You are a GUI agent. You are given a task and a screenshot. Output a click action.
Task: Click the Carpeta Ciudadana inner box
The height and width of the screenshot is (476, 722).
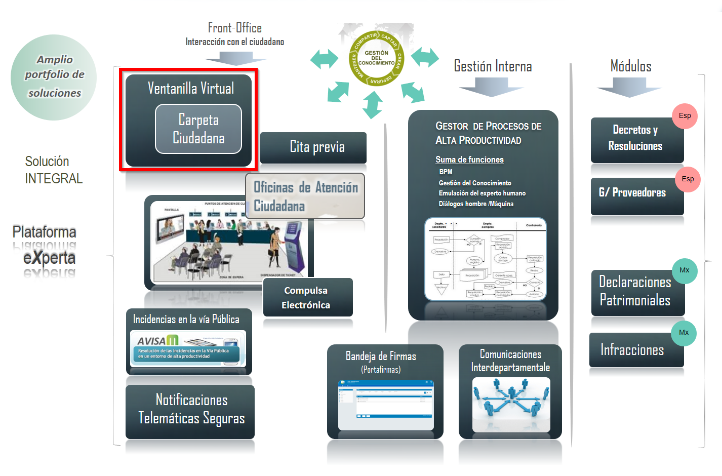[x=198, y=129]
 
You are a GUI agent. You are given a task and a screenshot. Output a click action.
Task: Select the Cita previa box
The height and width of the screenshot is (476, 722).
[x=313, y=147]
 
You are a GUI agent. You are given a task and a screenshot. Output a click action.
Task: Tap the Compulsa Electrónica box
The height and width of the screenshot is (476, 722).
[x=307, y=297]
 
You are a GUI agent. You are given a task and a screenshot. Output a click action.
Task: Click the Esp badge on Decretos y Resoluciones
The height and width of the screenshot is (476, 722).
[x=685, y=116]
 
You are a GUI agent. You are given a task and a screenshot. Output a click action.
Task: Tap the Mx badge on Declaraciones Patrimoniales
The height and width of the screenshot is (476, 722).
[x=685, y=270]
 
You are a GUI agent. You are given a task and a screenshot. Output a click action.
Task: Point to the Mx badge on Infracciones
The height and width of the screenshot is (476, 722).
[x=684, y=333]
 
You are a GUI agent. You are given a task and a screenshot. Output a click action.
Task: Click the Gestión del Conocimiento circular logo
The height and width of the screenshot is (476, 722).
[x=376, y=58]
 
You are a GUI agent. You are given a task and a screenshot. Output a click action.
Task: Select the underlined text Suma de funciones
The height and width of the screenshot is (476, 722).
[x=469, y=160]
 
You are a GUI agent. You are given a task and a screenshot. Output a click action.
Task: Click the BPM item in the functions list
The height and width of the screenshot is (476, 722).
[x=446, y=172]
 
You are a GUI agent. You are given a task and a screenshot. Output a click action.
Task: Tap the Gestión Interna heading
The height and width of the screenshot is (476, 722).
[x=493, y=67]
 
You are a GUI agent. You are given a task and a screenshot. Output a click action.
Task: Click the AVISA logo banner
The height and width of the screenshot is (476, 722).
[x=188, y=348]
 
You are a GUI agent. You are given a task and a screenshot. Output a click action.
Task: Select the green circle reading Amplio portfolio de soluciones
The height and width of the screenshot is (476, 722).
[x=54, y=77]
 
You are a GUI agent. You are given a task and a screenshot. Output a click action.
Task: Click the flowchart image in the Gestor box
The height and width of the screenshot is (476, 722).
[x=485, y=259]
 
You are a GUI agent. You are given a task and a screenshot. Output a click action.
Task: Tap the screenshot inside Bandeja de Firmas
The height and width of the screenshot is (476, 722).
[x=386, y=404]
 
